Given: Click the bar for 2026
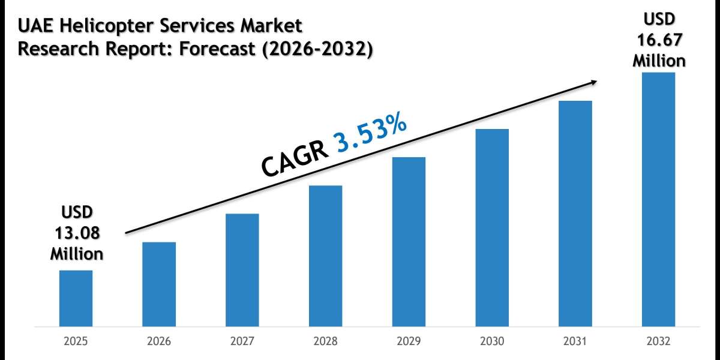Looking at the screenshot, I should click(x=159, y=284).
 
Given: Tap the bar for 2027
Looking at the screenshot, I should click(x=242, y=270).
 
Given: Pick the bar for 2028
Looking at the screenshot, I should click(x=326, y=256).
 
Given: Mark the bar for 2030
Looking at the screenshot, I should click(x=492, y=228).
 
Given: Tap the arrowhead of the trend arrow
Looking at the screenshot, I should click(x=593, y=83).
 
